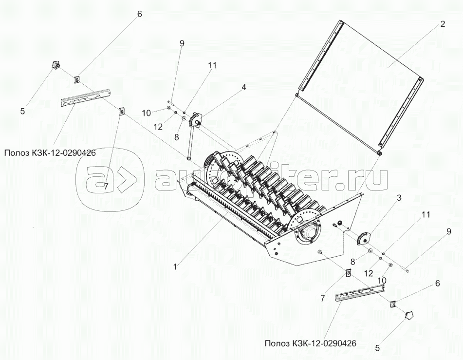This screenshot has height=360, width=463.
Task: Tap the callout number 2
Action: [443, 24]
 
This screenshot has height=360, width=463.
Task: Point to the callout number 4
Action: [243, 87]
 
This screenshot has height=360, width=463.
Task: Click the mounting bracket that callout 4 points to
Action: [198, 119]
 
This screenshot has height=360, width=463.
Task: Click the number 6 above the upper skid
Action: [139, 14]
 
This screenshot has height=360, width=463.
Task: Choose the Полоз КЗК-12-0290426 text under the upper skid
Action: [49, 153]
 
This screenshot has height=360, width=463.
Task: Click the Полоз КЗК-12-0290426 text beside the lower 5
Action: [311, 343]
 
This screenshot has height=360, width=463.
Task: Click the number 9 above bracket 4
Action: [182, 43]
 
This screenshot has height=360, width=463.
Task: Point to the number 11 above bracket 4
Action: [212, 65]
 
